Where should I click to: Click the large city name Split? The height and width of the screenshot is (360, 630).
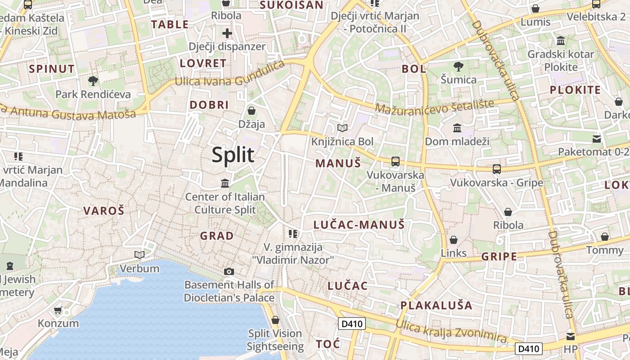(x=233, y=155)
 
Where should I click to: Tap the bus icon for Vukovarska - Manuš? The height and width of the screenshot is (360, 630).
(x=396, y=162)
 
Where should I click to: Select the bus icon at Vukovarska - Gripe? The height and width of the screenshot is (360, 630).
(x=497, y=169)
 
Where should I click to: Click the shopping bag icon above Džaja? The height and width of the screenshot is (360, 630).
(x=252, y=111)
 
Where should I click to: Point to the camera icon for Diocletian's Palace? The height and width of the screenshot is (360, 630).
(x=229, y=271)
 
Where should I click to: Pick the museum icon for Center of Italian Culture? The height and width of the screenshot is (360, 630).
(x=225, y=184)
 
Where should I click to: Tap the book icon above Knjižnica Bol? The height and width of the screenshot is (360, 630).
(x=342, y=128)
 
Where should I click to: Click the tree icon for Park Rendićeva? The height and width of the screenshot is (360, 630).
(x=93, y=81)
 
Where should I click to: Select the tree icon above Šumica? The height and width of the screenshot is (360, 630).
(x=459, y=67)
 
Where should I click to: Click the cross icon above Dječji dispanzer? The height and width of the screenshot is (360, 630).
(x=227, y=33)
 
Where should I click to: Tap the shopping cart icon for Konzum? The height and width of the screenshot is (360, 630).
(x=58, y=310)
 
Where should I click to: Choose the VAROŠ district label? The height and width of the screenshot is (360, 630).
(x=103, y=211)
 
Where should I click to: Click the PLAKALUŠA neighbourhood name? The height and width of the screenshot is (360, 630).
(x=436, y=306)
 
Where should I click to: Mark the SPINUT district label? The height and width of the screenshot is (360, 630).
(x=52, y=69)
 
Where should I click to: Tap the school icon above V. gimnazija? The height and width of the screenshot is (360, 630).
(x=293, y=234)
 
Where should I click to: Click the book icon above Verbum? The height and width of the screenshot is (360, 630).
(x=139, y=255)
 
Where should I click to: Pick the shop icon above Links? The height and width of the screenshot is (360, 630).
(x=454, y=239)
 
